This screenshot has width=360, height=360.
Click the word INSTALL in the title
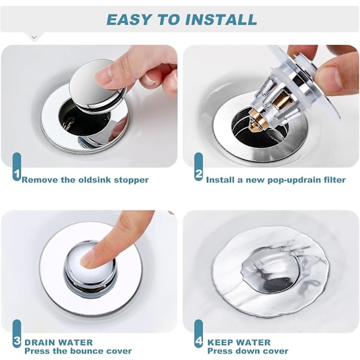[221, 19]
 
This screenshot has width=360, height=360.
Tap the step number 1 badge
[17, 167]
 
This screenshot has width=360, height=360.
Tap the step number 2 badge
[199, 167]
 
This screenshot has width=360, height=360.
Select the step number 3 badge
[17, 334]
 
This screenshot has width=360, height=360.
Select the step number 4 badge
[199, 334]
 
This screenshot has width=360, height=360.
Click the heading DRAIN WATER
[59, 343]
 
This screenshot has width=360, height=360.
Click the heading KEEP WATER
[239, 343]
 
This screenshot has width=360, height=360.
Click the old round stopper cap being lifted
[97, 86]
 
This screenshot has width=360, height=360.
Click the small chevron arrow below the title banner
[34, 37]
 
